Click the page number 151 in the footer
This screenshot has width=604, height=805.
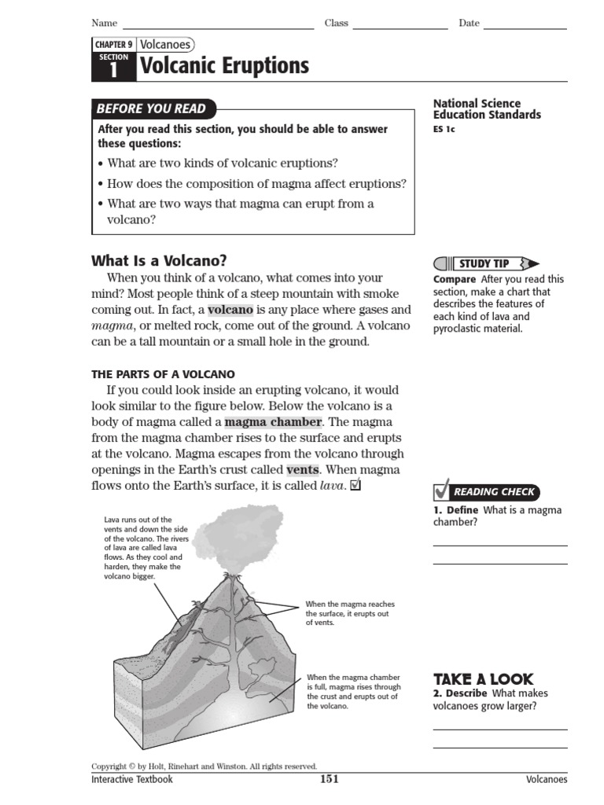click(329, 779)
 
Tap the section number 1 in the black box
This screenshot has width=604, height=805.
click(112, 71)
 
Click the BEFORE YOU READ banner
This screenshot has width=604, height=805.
click(151, 108)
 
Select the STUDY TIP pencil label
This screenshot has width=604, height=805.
click(485, 263)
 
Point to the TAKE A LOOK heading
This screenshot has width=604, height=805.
click(483, 678)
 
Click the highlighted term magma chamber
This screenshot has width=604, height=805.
click(273, 422)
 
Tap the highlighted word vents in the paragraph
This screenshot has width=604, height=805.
click(302, 469)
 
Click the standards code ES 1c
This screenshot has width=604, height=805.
click(444, 130)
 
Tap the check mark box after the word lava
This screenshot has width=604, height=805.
click(355, 485)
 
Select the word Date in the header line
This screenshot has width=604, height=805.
click(469, 24)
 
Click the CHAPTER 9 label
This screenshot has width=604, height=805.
click(113, 46)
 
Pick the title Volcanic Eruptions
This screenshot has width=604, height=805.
click(224, 68)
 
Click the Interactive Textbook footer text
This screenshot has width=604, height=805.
click(131, 780)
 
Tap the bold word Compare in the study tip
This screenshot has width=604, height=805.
click(454, 279)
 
